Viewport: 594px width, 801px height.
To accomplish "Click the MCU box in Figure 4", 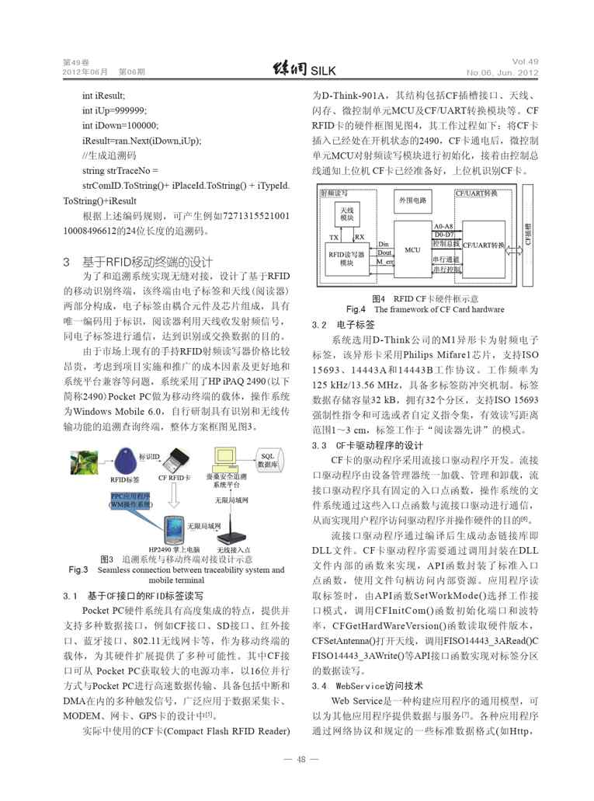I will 412,250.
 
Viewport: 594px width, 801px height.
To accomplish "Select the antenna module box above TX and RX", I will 346,214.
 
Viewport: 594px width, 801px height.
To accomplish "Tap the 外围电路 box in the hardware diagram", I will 413,200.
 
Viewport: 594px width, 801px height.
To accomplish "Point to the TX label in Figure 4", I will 334,236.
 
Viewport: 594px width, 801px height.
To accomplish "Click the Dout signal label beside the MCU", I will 384,252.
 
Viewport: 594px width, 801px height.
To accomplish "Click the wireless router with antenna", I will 230,532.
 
